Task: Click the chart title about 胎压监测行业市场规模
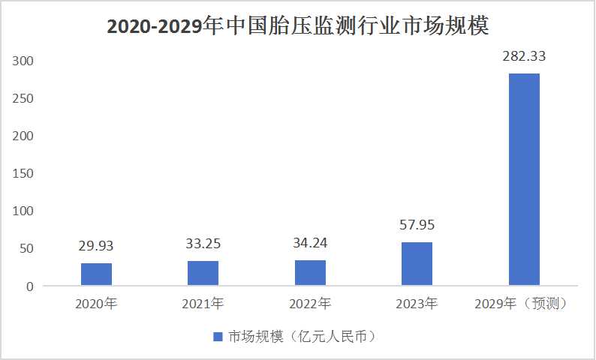pyautogui.click(x=298, y=26)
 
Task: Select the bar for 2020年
pyautogui.click(x=96, y=274)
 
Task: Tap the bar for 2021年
pyautogui.click(x=203, y=274)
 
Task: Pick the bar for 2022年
pyautogui.click(x=310, y=273)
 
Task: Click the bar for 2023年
pyautogui.click(x=417, y=264)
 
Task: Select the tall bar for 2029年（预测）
pyautogui.click(x=524, y=180)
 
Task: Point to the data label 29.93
pyautogui.click(x=96, y=245)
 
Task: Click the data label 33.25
pyautogui.click(x=203, y=243)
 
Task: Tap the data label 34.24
pyautogui.click(x=310, y=242)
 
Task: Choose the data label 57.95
pyautogui.click(x=417, y=224)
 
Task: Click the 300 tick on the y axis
pyautogui.click(x=24, y=60)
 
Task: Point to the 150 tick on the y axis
pyautogui.click(x=24, y=173)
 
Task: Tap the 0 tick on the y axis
pyautogui.click(x=31, y=286)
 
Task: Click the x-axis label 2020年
pyautogui.click(x=96, y=304)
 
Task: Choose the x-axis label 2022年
pyautogui.click(x=310, y=304)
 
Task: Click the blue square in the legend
pyautogui.click(x=218, y=337)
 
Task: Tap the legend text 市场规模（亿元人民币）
pyautogui.click(x=303, y=337)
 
